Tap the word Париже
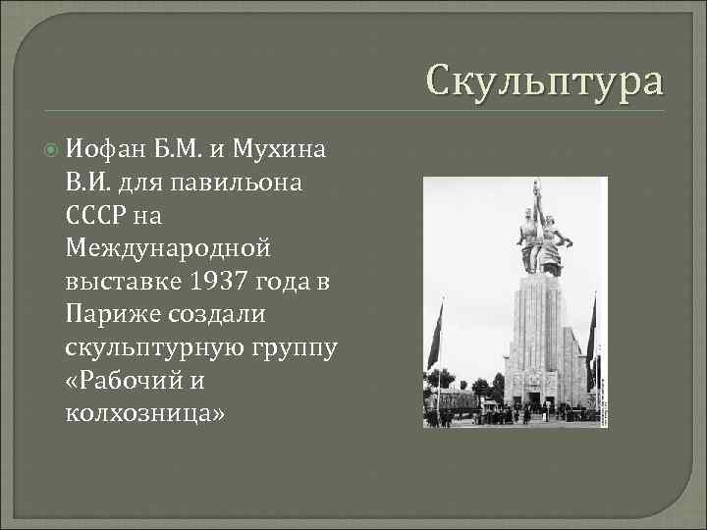[111, 315]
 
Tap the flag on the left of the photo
[434, 339]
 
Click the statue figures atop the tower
[540, 240]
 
